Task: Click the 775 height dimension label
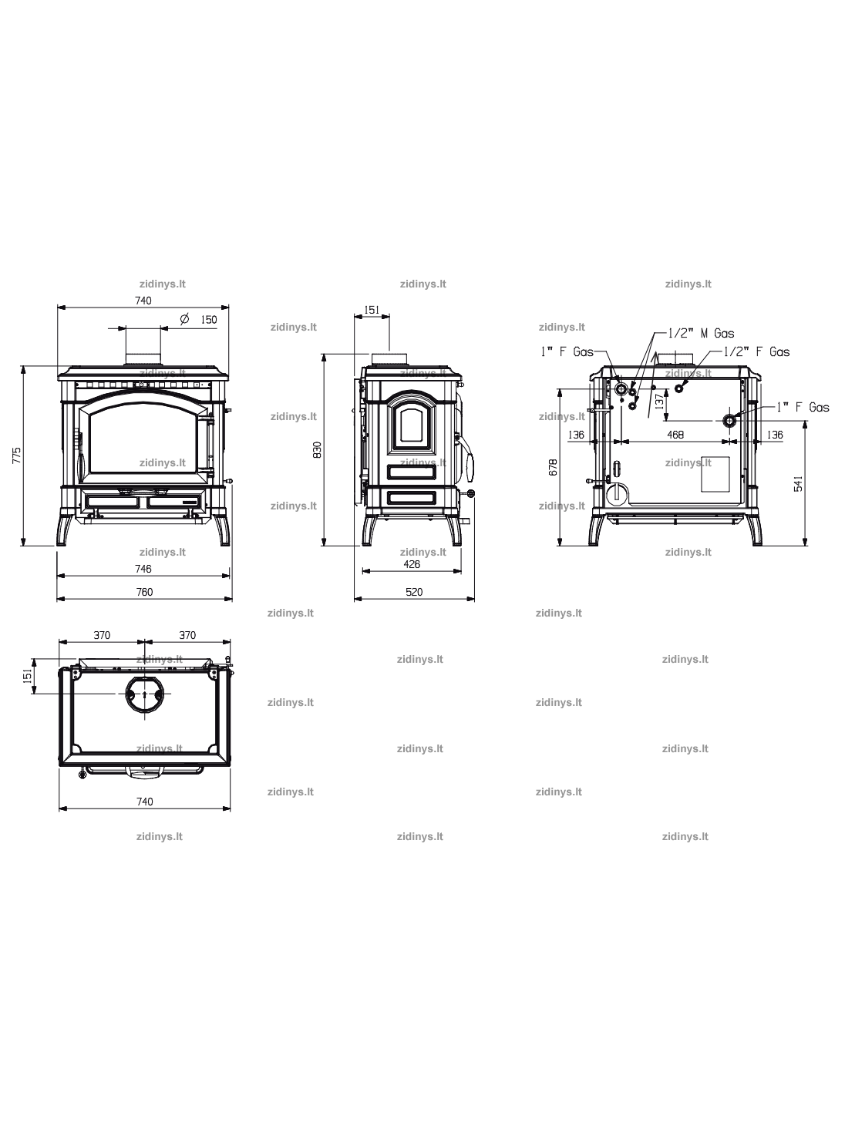point(17,455)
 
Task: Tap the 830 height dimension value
point(317,449)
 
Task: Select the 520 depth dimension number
point(414,592)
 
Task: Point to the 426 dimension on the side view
point(412,564)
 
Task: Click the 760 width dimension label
point(145,592)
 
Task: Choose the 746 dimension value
point(143,568)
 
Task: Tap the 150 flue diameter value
point(209,320)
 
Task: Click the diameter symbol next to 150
point(185,318)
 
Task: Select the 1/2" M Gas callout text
point(701,334)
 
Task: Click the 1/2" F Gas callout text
point(757,352)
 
